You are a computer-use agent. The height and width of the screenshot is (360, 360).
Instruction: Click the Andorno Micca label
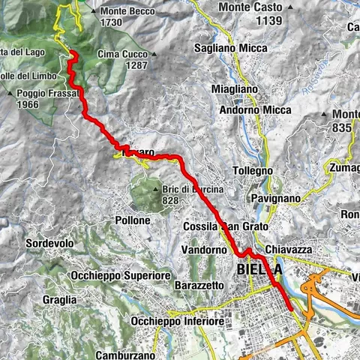[x=250, y=110]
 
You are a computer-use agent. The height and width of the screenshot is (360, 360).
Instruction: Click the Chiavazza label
[x=288, y=249]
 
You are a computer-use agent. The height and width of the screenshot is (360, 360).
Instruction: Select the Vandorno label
[x=204, y=249]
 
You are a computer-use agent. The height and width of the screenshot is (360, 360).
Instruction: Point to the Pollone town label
[x=133, y=220]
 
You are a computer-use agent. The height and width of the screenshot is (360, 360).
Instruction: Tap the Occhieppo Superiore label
[x=120, y=275]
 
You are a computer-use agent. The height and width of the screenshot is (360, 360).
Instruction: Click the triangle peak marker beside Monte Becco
[x=92, y=11]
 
